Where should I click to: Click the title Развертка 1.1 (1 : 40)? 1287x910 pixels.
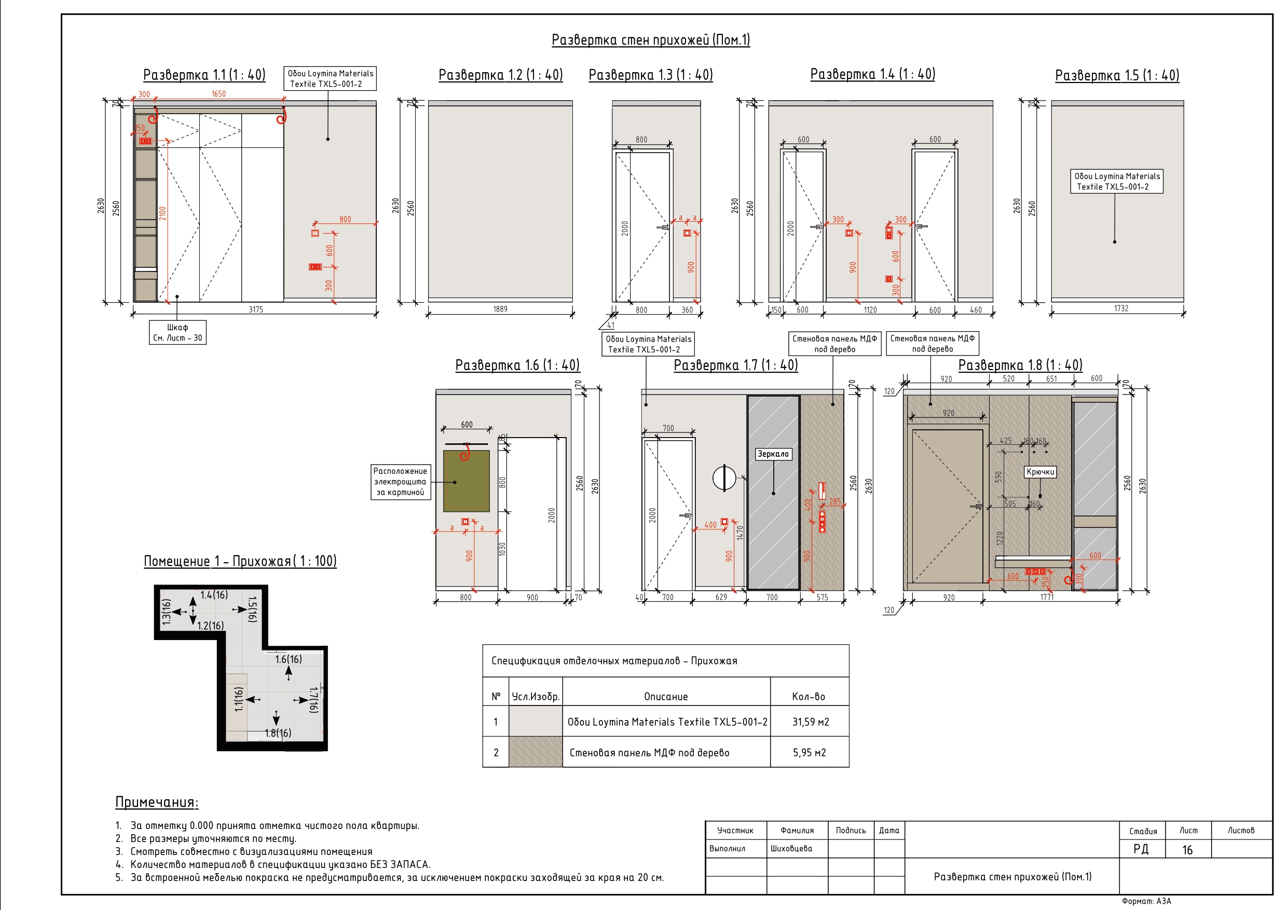(x=204, y=75)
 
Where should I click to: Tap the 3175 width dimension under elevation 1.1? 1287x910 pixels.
(x=256, y=309)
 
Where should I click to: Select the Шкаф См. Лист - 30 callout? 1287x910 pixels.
(x=177, y=332)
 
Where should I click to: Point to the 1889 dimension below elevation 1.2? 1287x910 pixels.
(x=500, y=309)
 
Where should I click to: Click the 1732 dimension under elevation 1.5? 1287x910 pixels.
(x=1121, y=308)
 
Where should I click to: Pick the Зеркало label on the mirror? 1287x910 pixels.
(x=773, y=454)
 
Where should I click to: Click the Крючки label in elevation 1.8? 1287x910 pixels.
(x=1040, y=472)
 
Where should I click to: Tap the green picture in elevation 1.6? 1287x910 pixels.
(x=467, y=481)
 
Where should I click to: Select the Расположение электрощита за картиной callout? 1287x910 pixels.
(x=400, y=482)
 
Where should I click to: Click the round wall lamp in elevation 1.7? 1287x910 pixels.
(x=724, y=478)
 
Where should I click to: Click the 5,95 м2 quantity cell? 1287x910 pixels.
(x=810, y=752)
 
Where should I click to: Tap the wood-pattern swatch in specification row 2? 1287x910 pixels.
(x=536, y=752)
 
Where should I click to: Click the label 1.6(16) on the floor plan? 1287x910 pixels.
(x=288, y=659)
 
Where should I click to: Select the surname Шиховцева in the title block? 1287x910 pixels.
(x=791, y=848)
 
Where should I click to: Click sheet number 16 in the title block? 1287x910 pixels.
(x=1187, y=850)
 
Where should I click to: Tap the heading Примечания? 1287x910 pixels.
(x=157, y=803)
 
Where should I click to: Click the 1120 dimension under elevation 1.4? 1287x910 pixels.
(x=870, y=310)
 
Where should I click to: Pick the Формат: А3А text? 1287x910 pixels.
(x=1146, y=901)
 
